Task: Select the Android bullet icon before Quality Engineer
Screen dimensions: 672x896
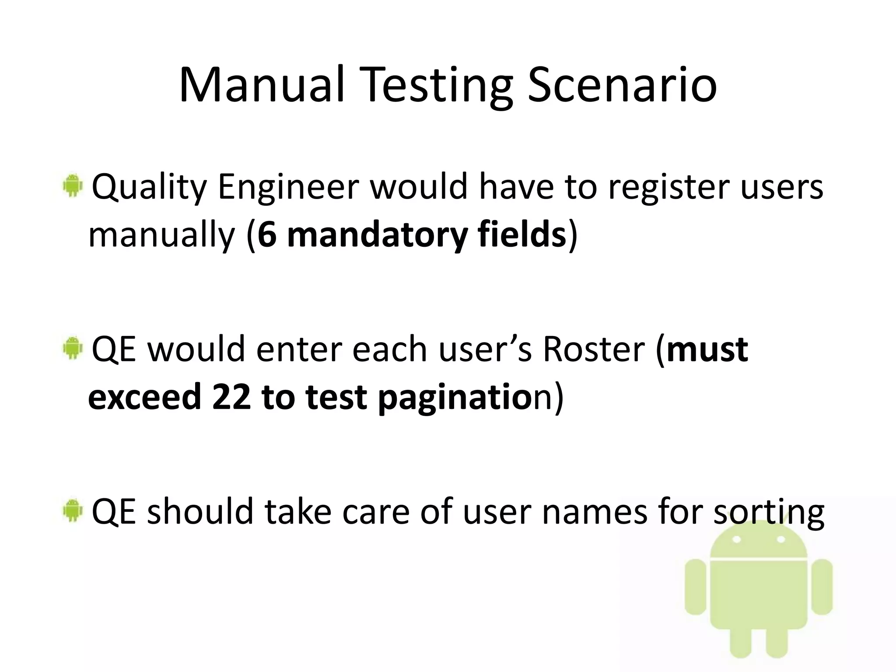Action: pyautogui.click(x=72, y=185)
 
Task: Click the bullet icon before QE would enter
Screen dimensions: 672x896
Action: pyautogui.click(x=72, y=348)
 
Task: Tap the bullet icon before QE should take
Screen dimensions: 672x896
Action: pyautogui.click(x=72, y=510)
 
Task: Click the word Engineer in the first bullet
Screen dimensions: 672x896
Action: pyautogui.click(x=288, y=187)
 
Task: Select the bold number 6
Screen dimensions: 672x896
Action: pyautogui.click(x=267, y=235)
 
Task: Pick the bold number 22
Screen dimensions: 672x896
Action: pyautogui.click(x=231, y=397)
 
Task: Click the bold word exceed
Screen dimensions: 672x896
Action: pyautogui.click(x=144, y=397)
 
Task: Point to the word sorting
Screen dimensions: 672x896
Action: pyautogui.click(x=769, y=513)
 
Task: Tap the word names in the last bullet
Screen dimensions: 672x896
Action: pyautogui.click(x=595, y=512)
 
